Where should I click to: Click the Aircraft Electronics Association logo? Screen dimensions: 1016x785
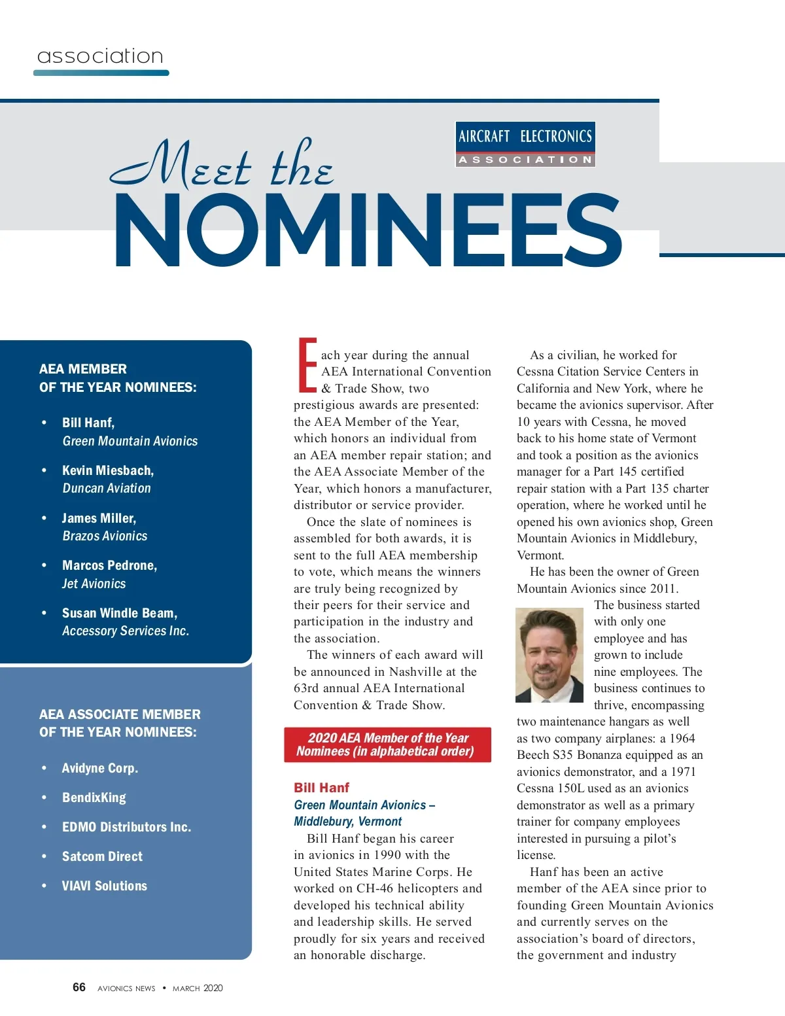point(525,145)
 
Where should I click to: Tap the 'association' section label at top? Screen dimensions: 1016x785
point(100,56)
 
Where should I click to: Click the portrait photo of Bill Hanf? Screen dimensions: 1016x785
point(549,655)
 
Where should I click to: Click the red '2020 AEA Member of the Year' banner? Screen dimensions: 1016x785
point(387,744)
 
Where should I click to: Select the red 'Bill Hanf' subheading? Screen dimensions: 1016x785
point(321,788)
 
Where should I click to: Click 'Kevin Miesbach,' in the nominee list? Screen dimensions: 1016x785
point(108,470)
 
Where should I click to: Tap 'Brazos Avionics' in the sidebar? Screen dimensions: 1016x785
point(105,536)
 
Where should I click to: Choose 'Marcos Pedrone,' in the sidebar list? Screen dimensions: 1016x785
point(109,565)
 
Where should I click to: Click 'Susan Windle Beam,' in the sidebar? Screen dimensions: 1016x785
point(120,613)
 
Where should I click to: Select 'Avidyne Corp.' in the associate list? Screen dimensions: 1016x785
point(100,768)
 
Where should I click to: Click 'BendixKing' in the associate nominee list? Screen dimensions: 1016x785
point(94,797)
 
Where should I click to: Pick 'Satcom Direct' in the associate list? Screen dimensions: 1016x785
point(102,856)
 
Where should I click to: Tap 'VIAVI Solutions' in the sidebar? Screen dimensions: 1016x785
point(105,886)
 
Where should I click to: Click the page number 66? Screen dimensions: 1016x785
point(79,987)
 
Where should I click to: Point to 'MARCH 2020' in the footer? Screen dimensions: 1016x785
point(198,988)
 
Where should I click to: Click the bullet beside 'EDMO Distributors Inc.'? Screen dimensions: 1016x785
point(44,827)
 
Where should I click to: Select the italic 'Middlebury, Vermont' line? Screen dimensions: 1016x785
point(348,822)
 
